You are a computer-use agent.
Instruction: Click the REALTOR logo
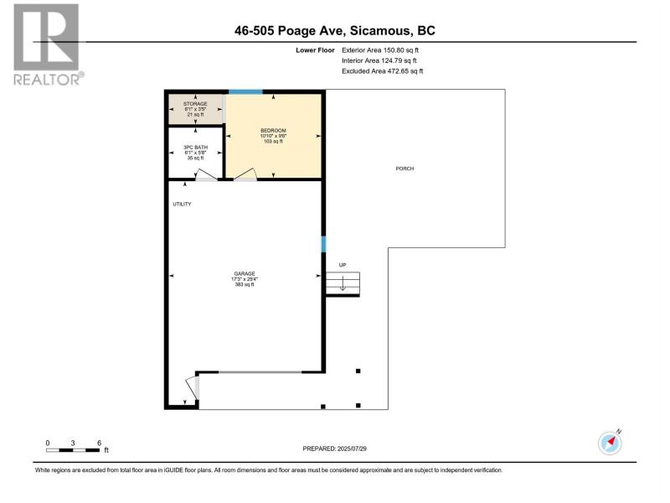(x=49, y=44)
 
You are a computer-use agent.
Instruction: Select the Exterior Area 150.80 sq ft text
(x=380, y=50)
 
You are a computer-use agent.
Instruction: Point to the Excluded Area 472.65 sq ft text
(x=382, y=71)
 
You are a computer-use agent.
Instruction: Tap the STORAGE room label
(x=195, y=104)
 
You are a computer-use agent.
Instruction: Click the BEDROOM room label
(x=274, y=131)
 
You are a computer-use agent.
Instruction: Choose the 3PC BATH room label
(x=195, y=148)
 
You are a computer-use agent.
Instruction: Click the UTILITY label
(x=182, y=204)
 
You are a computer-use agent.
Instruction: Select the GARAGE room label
(x=245, y=274)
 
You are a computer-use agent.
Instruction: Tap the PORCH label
(x=405, y=169)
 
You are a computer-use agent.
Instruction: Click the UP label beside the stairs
(x=343, y=265)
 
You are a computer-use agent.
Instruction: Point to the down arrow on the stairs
(x=343, y=283)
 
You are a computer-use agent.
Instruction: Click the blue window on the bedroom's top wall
(x=245, y=91)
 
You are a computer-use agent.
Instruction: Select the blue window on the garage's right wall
(x=323, y=244)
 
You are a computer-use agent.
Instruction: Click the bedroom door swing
(x=245, y=174)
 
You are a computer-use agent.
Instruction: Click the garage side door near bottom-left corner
(x=193, y=388)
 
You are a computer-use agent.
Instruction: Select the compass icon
(x=610, y=443)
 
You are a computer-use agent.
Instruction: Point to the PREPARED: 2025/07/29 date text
(x=334, y=449)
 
